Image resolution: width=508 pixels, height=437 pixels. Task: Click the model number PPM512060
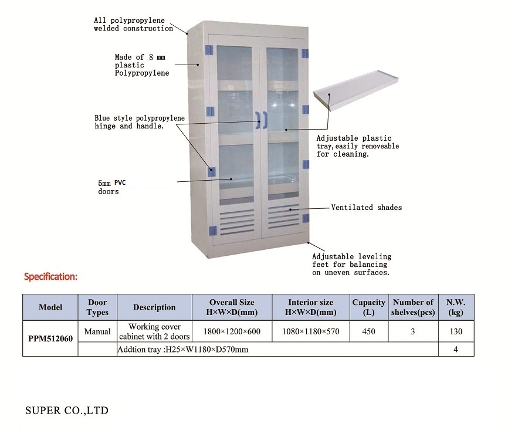[50, 338]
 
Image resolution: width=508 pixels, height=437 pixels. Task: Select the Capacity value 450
[368, 331]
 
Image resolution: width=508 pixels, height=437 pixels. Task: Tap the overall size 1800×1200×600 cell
[232, 331]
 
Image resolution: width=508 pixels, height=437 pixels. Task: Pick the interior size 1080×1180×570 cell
[310, 331]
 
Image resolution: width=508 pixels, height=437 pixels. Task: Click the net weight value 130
[455, 331]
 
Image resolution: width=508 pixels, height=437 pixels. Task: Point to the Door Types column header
[97, 307]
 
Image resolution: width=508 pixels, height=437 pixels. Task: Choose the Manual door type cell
[97, 331]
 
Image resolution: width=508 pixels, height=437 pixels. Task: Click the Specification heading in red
[50, 276]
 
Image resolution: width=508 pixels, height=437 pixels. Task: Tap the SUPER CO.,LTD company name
[67, 410]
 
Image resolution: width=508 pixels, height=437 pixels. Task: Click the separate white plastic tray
[358, 93]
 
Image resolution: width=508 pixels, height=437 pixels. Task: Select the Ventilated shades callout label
[367, 207]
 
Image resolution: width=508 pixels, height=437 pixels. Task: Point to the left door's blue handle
[258, 120]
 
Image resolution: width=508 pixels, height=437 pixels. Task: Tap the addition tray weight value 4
[455, 350]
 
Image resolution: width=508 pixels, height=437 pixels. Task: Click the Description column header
[154, 307]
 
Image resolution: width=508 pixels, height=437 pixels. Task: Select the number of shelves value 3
[412, 331]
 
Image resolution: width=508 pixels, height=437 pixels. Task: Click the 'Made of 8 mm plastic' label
[141, 65]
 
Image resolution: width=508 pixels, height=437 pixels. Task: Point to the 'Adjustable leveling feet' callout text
[351, 265]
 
